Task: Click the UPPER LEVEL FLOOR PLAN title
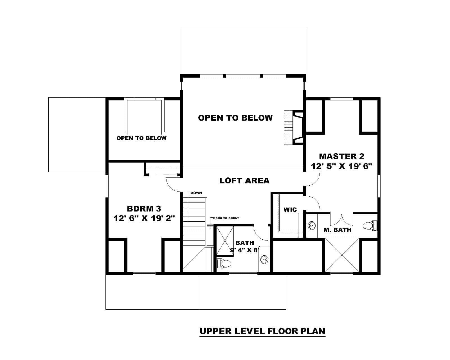pos(262,331)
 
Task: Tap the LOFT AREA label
pos(244,181)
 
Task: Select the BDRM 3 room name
pos(144,208)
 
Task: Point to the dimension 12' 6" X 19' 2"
pos(144,218)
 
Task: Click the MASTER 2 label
pos(341,156)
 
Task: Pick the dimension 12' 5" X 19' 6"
pos(341,166)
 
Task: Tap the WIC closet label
pos(290,210)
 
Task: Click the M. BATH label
pos(337,230)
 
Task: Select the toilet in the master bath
pos(370,226)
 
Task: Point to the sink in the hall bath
pos(264,260)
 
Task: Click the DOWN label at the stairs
pos(196,193)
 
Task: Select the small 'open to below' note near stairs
pos(226,218)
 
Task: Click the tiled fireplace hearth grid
pos(288,127)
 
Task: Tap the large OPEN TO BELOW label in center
pos(235,118)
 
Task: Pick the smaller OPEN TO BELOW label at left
pos(141,138)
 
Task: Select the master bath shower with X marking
pos(342,255)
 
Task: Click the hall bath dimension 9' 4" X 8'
pos(244,250)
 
